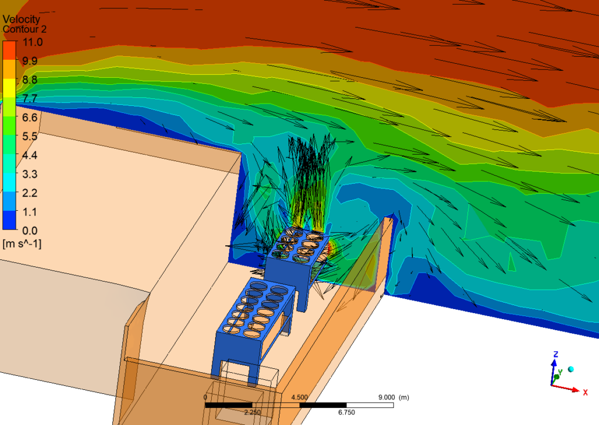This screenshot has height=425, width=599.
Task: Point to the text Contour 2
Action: coord(25,29)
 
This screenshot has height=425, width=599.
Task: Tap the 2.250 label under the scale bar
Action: coord(253,412)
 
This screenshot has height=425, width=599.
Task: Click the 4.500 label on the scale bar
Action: coord(299,397)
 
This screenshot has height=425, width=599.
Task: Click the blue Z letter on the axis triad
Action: coord(556,355)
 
